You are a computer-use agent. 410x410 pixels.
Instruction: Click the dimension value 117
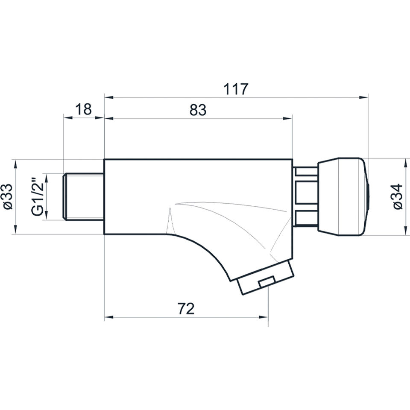click(x=235, y=89)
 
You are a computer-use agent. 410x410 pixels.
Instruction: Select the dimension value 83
click(x=198, y=110)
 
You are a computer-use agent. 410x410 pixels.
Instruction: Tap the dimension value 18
click(x=83, y=109)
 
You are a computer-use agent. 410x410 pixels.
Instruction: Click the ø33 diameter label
click(x=8, y=196)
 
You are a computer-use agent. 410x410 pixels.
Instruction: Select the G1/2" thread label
click(x=37, y=196)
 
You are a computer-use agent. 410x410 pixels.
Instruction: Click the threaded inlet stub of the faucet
click(x=84, y=196)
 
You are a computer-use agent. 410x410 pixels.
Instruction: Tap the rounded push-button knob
click(x=343, y=196)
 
